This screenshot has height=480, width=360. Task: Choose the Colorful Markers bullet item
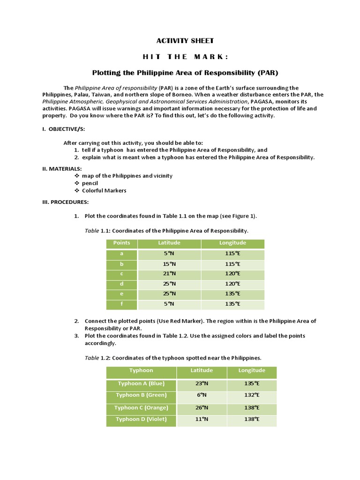(x=104, y=191)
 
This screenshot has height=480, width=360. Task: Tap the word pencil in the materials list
(x=90, y=183)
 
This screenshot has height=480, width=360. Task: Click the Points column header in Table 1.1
(x=122, y=243)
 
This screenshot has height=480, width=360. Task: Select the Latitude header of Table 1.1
(x=169, y=243)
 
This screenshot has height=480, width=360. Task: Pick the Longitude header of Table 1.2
(x=252, y=370)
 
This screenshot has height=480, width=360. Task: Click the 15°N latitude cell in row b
(x=169, y=264)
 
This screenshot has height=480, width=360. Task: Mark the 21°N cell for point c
(x=169, y=274)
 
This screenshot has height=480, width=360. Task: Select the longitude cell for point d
(x=232, y=284)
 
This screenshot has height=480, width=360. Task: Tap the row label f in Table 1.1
(x=122, y=304)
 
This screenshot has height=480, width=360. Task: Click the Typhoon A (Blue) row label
(x=141, y=383)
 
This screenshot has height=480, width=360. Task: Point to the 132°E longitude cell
(x=252, y=395)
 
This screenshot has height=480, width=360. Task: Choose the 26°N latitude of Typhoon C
(x=202, y=407)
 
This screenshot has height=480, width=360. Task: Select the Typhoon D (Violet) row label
(x=141, y=419)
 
